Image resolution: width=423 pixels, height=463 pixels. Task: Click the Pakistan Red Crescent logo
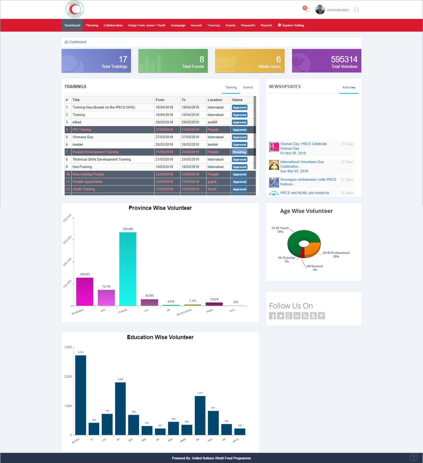click(75, 9)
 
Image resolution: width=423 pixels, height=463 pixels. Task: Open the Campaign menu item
click(178, 25)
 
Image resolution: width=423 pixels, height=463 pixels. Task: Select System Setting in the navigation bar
click(291, 25)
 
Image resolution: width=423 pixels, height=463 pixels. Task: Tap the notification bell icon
click(307, 10)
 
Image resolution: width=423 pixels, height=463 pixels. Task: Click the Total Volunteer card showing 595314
click(326, 61)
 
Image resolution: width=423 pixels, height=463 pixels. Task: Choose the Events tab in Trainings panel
click(248, 87)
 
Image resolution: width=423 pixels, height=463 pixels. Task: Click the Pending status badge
click(239, 152)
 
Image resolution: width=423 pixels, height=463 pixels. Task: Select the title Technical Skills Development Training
click(102, 160)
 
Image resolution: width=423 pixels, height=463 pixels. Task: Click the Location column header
click(215, 100)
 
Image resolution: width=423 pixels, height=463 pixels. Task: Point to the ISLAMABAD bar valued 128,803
click(85, 291)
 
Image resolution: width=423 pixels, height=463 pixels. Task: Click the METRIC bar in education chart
click(81, 395)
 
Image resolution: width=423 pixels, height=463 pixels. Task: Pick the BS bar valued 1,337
click(200, 415)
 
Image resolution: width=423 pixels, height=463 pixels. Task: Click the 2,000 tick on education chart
click(68, 377)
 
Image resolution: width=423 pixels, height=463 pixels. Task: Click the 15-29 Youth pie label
click(280, 230)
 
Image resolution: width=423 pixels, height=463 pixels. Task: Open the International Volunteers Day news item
click(302, 164)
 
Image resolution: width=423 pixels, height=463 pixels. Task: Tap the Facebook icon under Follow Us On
click(273, 316)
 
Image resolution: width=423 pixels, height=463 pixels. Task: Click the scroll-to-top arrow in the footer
click(414, 457)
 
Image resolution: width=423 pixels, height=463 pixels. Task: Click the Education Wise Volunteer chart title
click(160, 337)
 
